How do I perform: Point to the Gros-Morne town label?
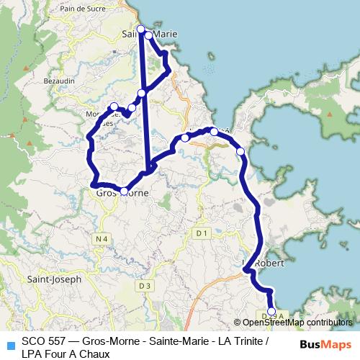pyautogui.click(x=117, y=192)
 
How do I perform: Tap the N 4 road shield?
pyautogui.click(x=102, y=238)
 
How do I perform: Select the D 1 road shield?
pyautogui.click(x=202, y=233)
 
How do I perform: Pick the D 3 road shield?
pyautogui.click(x=145, y=286)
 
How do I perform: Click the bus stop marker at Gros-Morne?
pyautogui.click(x=124, y=192)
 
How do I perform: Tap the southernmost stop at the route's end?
pyautogui.click(x=271, y=312)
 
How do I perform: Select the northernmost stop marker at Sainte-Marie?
pyautogui.click(x=141, y=29)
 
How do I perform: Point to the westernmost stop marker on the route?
pyautogui.click(x=114, y=107)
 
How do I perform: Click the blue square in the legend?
pyautogui.click(x=10, y=343)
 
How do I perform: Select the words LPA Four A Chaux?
pyautogui.click(x=66, y=354)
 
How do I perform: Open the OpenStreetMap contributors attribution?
pyautogui.click(x=297, y=323)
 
